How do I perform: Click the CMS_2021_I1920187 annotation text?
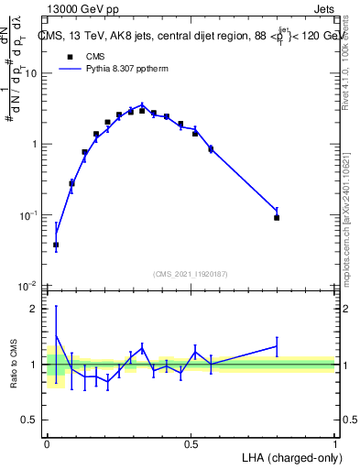tap(190, 274)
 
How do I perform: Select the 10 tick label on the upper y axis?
tap(34, 73)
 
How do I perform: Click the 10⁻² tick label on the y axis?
tap(30, 286)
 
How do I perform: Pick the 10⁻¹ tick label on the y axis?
tap(30, 215)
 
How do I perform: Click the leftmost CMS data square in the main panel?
tap(56, 245)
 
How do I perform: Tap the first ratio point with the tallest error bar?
tap(56, 335)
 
